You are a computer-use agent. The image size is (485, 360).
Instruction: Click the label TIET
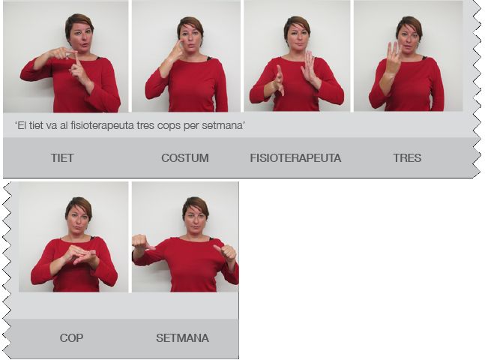pos(62,157)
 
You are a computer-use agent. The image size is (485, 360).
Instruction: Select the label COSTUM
pos(185,157)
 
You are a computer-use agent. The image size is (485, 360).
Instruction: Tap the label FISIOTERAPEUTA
pos(295,157)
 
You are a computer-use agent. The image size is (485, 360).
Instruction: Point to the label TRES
pos(407,157)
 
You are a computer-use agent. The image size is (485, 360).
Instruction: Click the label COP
pos(71,337)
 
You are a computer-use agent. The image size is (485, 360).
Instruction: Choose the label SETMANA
pos(182,337)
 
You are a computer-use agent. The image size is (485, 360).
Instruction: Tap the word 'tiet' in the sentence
pos(36,126)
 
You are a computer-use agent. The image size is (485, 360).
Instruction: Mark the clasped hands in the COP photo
pos(81,254)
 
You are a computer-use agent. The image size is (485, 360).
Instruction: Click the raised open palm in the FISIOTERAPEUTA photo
pos(308,67)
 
